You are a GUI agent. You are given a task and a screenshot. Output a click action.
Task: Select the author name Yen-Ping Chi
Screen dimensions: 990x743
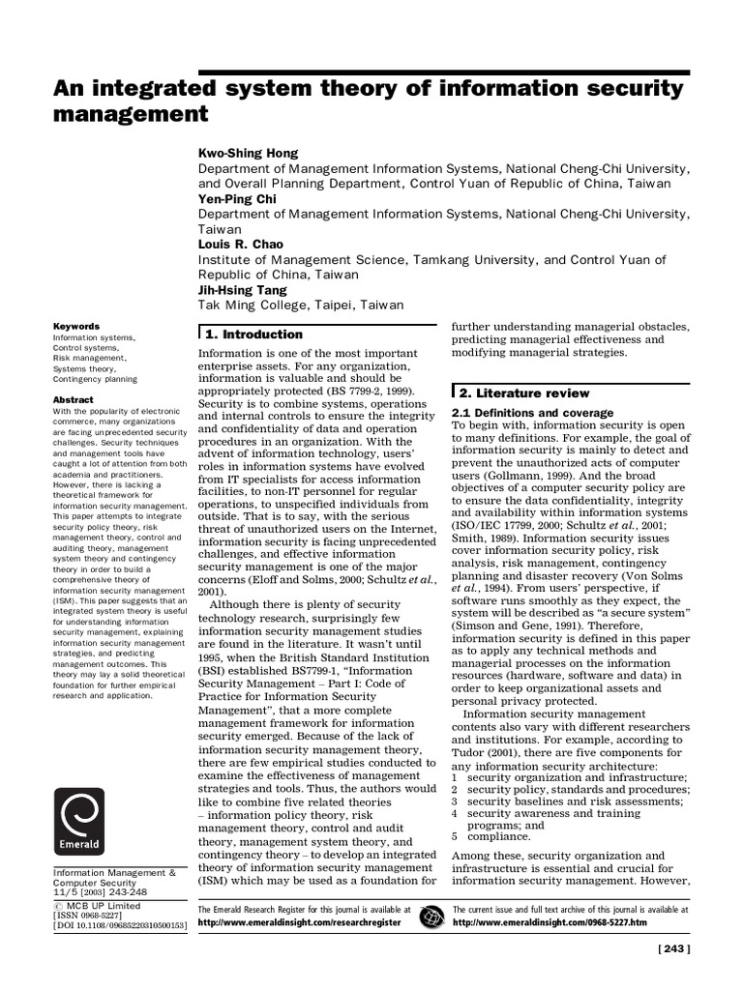click(x=237, y=198)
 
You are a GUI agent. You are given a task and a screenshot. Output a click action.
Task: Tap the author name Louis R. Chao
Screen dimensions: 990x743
click(x=242, y=245)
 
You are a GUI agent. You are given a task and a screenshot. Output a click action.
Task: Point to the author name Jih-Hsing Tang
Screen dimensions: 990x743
click(x=245, y=290)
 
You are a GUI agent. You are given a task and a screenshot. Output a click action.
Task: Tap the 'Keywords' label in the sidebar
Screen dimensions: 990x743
click(x=75, y=327)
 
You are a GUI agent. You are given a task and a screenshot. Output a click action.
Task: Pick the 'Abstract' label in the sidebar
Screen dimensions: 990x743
click(x=74, y=399)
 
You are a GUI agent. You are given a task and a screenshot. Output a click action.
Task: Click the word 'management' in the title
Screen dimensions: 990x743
click(x=131, y=115)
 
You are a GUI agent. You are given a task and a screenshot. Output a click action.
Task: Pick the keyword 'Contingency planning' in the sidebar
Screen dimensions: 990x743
click(x=95, y=380)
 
